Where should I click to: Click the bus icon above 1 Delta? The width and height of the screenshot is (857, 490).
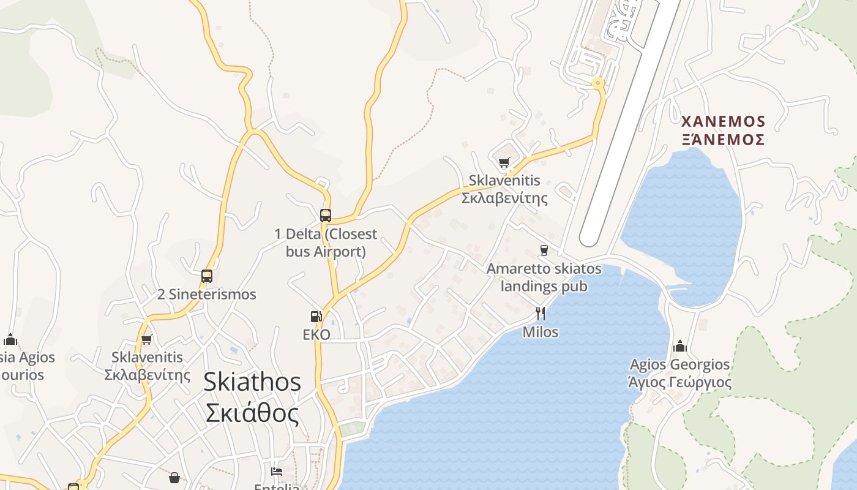(326, 216)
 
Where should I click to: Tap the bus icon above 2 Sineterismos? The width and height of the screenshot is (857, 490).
(207, 276)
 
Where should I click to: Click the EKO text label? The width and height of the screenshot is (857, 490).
(316, 334)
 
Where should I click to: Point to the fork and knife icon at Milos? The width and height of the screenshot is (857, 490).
(541, 314)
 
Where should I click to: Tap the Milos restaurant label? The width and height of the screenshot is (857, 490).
(541, 332)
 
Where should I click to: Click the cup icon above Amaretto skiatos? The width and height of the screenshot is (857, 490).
(544, 251)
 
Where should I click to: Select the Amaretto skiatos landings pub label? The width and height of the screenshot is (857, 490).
(544, 277)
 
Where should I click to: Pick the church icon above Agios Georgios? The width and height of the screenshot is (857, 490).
(680, 347)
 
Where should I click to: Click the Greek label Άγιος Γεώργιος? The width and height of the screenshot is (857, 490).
(680, 383)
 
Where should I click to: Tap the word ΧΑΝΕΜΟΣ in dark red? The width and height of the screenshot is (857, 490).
(723, 121)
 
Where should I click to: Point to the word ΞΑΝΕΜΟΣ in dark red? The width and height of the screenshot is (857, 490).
(723, 140)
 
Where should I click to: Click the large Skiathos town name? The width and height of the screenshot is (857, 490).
(252, 382)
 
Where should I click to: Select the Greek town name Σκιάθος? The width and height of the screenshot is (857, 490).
(252, 413)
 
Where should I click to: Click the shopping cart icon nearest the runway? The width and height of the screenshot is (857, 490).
(504, 162)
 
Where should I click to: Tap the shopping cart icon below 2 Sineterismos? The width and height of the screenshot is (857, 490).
(146, 339)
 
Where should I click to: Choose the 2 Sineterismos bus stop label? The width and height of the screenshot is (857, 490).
(207, 295)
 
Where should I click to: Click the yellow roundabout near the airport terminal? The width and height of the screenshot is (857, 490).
(597, 83)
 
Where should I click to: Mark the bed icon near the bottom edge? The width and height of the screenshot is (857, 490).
(277, 472)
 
